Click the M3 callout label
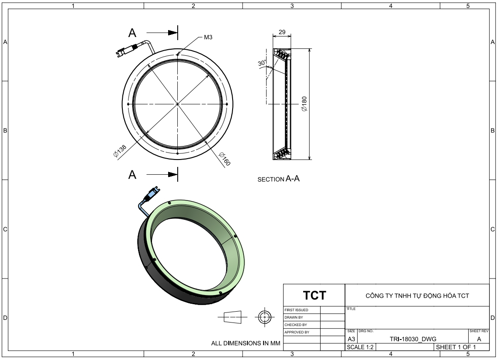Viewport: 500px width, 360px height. (x=208, y=37)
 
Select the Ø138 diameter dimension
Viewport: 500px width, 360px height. (x=120, y=151)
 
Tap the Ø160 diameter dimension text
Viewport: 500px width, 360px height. (x=224, y=159)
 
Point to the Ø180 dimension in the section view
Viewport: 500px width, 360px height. (x=304, y=104)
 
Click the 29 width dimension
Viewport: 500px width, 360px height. (x=282, y=32)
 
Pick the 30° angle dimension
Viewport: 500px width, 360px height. (x=262, y=63)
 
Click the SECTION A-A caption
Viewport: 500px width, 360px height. (x=278, y=179)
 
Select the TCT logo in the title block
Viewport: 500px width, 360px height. (x=314, y=295)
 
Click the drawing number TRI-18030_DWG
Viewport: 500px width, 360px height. (x=413, y=339)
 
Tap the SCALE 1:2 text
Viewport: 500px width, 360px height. (x=360, y=347)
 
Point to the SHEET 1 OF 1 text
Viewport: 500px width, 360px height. (x=456, y=347)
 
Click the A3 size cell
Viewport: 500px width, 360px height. (x=351, y=339)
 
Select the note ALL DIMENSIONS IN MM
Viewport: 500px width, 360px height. (x=246, y=343)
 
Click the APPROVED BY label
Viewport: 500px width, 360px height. (x=297, y=332)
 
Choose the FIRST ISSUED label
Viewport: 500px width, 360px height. (x=296, y=310)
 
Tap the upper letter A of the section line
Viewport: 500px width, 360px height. (x=132, y=33)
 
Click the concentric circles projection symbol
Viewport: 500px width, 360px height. (x=264, y=317)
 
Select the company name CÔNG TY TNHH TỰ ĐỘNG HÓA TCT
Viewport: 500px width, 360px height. (x=417, y=296)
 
